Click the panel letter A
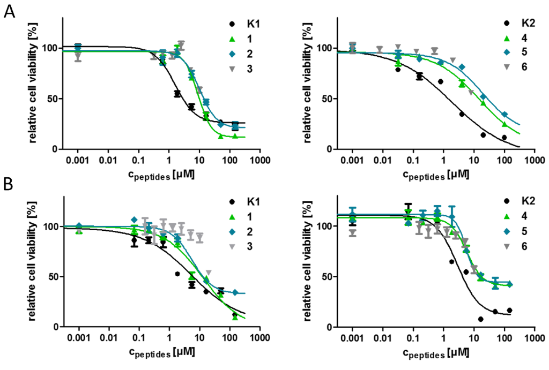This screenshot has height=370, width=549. click(x=10, y=11)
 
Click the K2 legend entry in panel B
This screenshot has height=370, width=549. click(x=513, y=202)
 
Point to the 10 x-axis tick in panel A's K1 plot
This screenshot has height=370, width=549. click(x=199, y=160)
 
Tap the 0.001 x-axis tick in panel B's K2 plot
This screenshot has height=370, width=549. click(x=352, y=338)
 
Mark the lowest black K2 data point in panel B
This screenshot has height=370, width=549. click(x=481, y=319)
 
